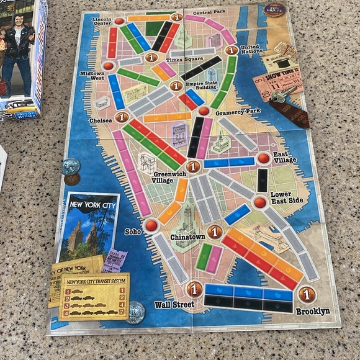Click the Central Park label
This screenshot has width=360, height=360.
tap(209, 12)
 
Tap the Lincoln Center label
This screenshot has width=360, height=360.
tap(101, 24)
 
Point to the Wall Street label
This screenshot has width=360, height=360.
tap(174, 305)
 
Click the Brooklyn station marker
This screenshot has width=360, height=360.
tap(306, 294)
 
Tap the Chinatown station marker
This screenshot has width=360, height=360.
tap(215, 232)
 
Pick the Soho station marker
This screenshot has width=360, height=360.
tap(151, 225)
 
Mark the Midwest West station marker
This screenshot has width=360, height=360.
tap(109, 66)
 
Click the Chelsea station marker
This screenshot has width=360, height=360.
tap(122, 116)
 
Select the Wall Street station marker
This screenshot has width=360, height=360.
tap(194, 289)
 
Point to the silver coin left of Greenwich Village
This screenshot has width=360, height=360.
tap(70, 165)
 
